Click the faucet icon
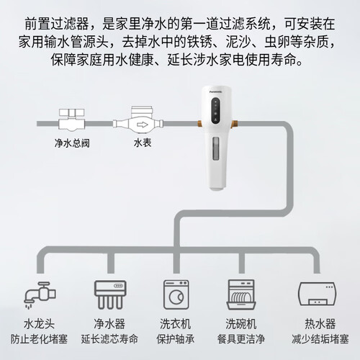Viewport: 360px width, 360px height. pyautogui.click(x=40, y=294)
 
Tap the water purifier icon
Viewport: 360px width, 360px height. pyautogui.click(x=110, y=294)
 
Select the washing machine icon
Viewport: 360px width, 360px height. pyautogui.click(x=176, y=294)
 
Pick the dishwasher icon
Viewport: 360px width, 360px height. pyautogui.click(x=241, y=294)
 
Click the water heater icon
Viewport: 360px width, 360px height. pyautogui.click(x=317, y=294)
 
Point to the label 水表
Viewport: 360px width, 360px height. pyautogui.click(x=143, y=143)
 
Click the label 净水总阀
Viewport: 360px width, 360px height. pyautogui.click(x=72, y=143)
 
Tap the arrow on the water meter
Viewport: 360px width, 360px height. pyautogui.click(x=142, y=125)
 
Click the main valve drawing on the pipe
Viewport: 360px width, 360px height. pyautogui.click(x=72, y=120)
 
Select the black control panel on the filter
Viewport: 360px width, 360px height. pyautogui.click(x=216, y=111)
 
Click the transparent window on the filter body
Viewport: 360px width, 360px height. pyautogui.click(x=216, y=148)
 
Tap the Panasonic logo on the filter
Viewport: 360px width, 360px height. pyautogui.click(x=216, y=91)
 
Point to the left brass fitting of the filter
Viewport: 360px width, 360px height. pyautogui.click(x=199, y=124)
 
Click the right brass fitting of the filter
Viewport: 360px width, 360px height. pyautogui.click(x=234, y=124)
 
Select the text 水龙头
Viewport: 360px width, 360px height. pyautogui.click(x=40, y=324)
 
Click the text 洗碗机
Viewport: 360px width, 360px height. pyautogui.click(x=241, y=324)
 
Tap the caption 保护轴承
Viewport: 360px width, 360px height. pyautogui.click(x=176, y=339)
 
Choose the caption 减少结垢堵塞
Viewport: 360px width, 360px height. pyautogui.click(x=320, y=339)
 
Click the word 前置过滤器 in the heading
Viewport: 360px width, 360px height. pyautogui.click(x=57, y=24)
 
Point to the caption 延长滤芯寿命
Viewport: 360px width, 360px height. pyautogui.click(x=109, y=339)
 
